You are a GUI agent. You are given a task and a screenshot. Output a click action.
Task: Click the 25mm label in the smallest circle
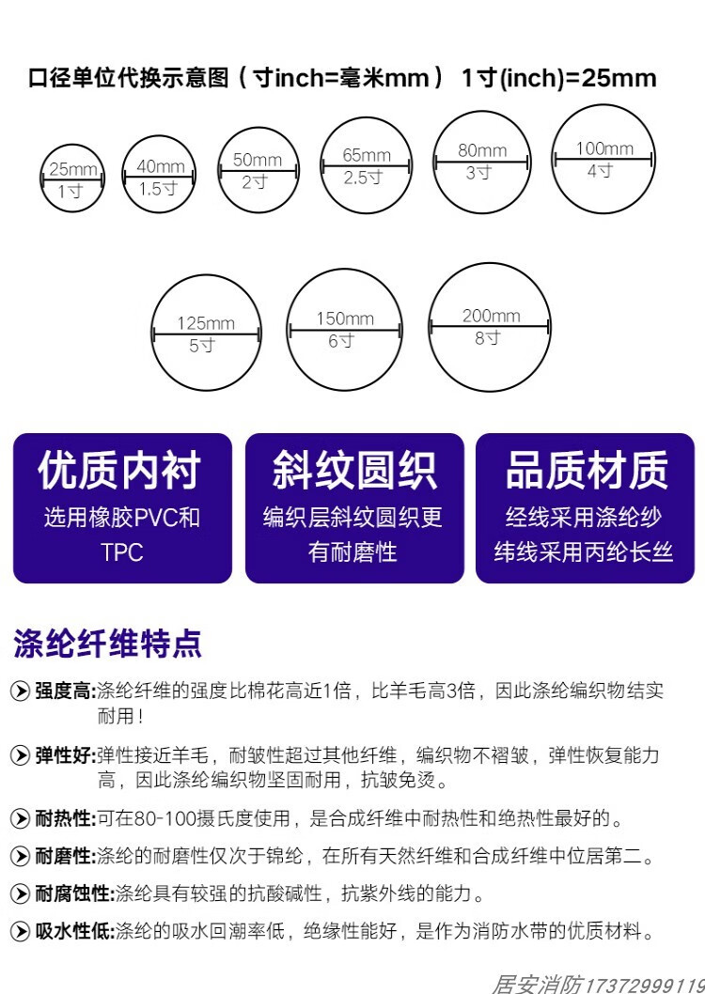pyautogui.click(x=72, y=169)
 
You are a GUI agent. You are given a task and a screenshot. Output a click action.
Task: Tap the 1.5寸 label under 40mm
pyautogui.click(x=158, y=188)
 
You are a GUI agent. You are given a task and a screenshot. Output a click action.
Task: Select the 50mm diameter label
pyautogui.click(x=257, y=160)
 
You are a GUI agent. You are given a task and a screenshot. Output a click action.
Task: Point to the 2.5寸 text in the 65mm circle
pyautogui.click(x=363, y=178)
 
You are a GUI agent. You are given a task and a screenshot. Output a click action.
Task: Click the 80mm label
pyautogui.click(x=482, y=150)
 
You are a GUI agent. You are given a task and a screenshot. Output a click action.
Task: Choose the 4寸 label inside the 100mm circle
pyautogui.click(x=600, y=171)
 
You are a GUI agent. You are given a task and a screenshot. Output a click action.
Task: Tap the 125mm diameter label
pyautogui.click(x=206, y=324)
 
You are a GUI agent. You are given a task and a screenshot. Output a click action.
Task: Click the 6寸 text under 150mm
pyautogui.click(x=341, y=341)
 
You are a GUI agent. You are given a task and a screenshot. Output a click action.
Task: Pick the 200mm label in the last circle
pyautogui.click(x=491, y=316)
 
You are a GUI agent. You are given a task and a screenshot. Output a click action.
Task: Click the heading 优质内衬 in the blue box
pyautogui.click(x=119, y=471)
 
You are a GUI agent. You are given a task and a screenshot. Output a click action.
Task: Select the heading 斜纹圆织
pyautogui.click(x=353, y=471)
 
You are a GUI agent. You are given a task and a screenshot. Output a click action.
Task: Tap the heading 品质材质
pyautogui.click(x=587, y=471)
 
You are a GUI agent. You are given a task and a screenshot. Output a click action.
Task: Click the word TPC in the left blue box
pyautogui.click(x=122, y=552)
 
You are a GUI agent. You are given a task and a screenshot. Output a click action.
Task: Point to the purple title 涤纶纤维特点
pyautogui.click(x=107, y=644)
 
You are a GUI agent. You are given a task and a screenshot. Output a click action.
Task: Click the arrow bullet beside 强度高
pyautogui.click(x=20, y=692)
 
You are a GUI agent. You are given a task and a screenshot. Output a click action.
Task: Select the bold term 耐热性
pyautogui.click(x=65, y=818)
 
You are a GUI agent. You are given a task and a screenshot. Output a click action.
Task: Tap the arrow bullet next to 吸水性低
pyautogui.click(x=20, y=931)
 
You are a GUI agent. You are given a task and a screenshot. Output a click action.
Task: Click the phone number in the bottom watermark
pyautogui.click(x=643, y=983)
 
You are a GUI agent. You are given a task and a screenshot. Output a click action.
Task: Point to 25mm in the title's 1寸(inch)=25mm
pyautogui.click(x=619, y=78)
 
